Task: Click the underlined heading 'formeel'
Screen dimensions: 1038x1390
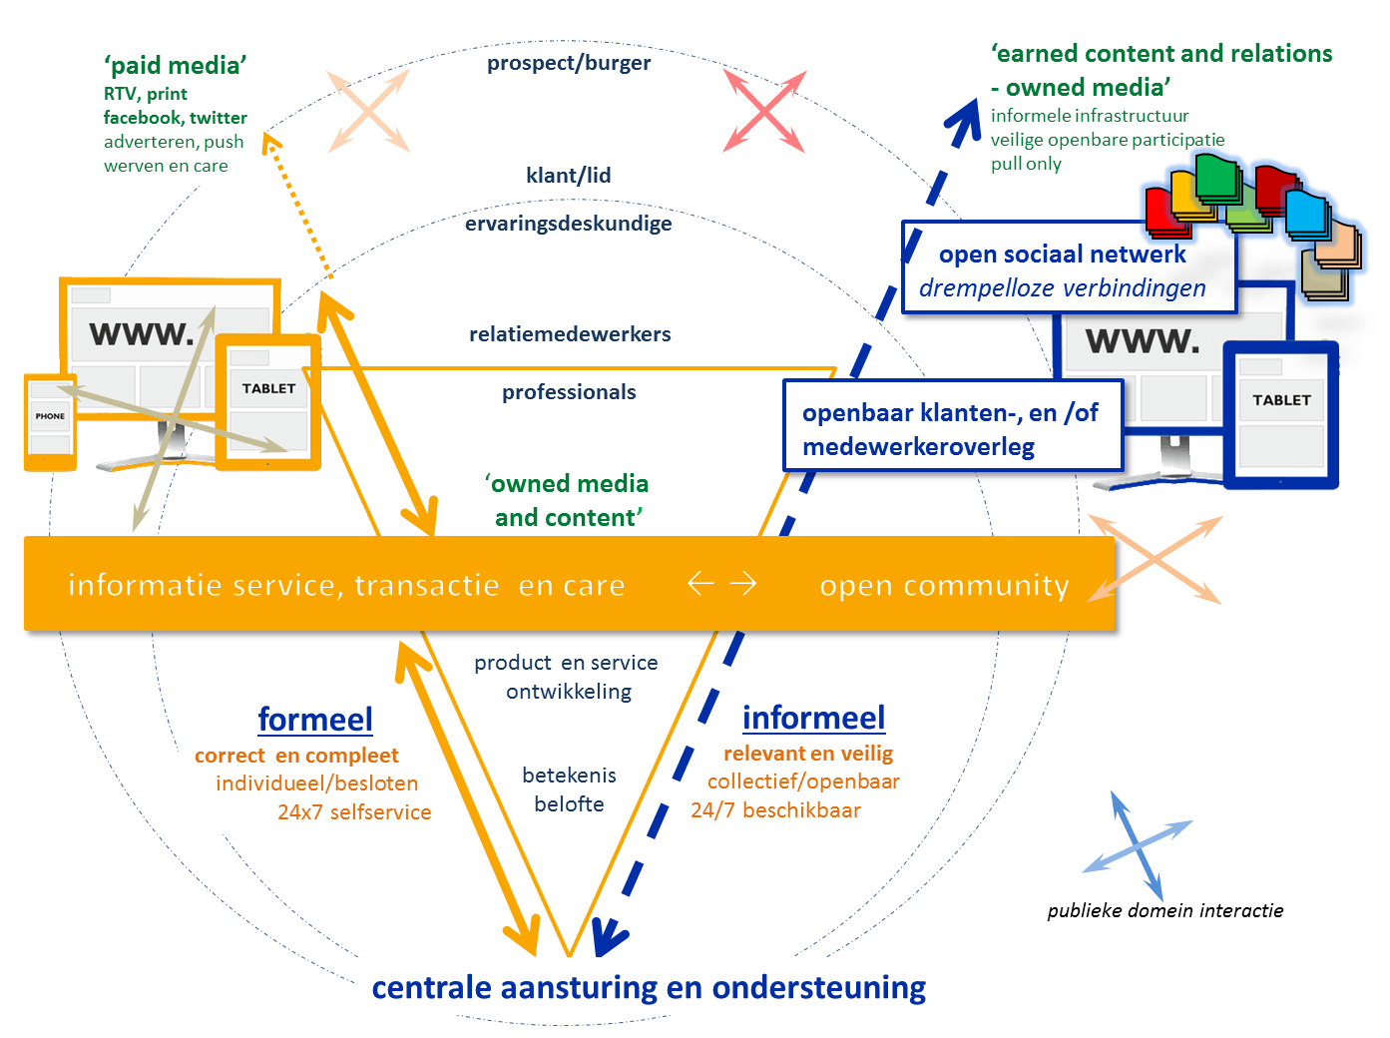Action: (x=315, y=720)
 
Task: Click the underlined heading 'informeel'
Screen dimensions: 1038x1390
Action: (x=813, y=718)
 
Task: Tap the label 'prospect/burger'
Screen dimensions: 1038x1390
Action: (x=569, y=63)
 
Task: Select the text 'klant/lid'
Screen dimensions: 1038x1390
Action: (x=569, y=176)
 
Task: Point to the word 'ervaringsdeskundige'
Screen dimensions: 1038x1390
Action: (x=569, y=224)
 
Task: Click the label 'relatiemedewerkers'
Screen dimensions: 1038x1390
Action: (x=570, y=334)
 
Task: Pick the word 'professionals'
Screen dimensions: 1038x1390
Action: (x=569, y=392)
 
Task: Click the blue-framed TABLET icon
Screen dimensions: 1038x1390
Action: (x=1281, y=415)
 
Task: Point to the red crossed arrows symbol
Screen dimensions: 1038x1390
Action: (x=764, y=111)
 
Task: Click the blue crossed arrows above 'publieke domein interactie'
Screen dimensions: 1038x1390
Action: (x=1138, y=846)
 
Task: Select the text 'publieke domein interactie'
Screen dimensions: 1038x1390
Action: (x=1164, y=910)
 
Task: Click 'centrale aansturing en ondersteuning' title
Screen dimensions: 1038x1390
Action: (x=649, y=987)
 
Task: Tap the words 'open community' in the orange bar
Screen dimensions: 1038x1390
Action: (x=944, y=585)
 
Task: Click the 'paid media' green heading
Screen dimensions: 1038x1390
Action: (x=175, y=66)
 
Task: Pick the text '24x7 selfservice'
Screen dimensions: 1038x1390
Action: (x=354, y=812)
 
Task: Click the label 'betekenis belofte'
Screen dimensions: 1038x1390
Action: (x=569, y=789)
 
